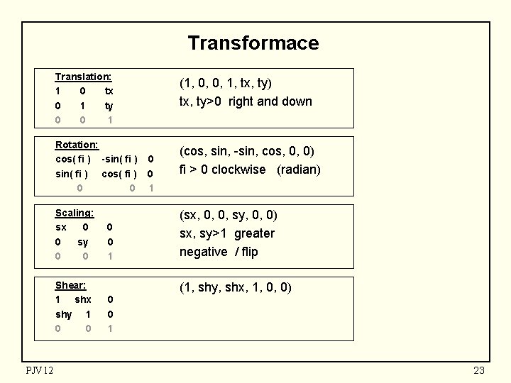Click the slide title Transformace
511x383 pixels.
pyautogui.click(x=253, y=43)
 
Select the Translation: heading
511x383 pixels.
pyautogui.click(x=83, y=77)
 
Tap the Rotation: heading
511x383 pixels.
pyautogui.click(x=77, y=145)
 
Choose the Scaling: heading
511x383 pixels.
pyautogui.click(x=75, y=213)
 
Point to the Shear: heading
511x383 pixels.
pyautogui.click(x=71, y=285)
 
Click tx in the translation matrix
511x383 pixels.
pyautogui.click(x=109, y=91)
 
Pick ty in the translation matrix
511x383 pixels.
pyautogui.click(x=109, y=106)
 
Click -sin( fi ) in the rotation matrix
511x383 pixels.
pyautogui.click(x=119, y=158)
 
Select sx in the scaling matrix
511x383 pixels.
pyautogui.click(x=61, y=228)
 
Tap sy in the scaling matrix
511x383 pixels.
pyautogui.click(x=83, y=242)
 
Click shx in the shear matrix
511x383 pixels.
pyautogui.click(x=83, y=299)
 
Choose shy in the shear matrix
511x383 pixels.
pyautogui.click(x=63, y=314)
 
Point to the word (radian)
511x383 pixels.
pyautogui.click(x=299, y=170)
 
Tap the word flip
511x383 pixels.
pyautogui.click(x=250, y=252)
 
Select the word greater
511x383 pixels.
pyautogui.click(x=253, y=233)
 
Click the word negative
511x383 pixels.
pyautogui.click(x=203, y=252)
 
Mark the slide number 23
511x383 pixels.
pyautogui.click(x=479, y=370)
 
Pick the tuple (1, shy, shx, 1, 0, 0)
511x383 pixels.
pyautogui.click(x=235, y=287)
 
